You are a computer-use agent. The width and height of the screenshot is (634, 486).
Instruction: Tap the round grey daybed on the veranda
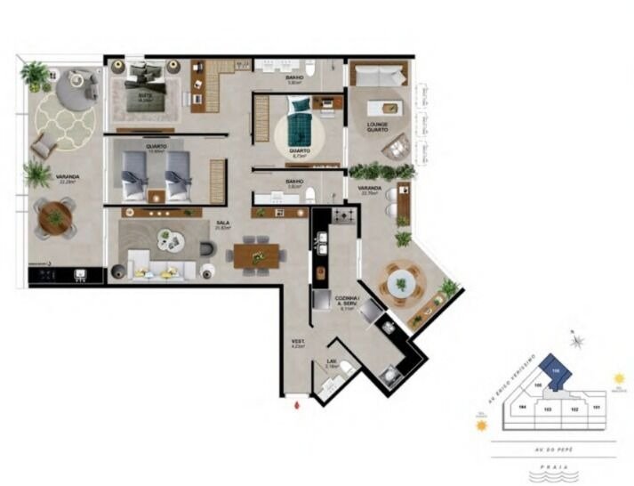coord(76,86)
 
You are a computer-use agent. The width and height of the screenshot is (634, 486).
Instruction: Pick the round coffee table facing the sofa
coord(167,238)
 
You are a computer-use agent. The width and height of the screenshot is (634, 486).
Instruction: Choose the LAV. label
coord(331,363)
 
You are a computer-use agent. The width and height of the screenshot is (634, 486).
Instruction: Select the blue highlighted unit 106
coord(556,373)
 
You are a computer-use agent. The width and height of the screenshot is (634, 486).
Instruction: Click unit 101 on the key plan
coord(598,409)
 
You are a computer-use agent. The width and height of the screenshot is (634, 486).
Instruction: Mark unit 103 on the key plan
coord(548,409)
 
